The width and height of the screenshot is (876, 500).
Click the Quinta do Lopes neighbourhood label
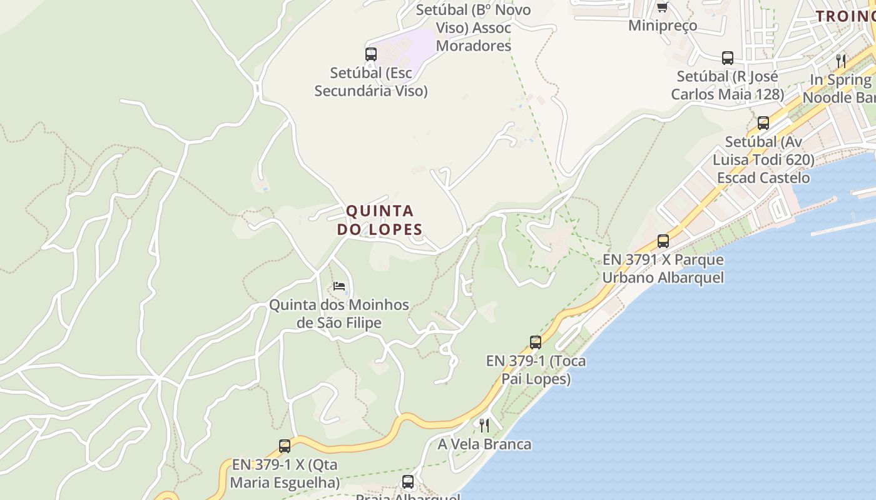380,220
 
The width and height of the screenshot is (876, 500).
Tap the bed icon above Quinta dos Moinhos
339,286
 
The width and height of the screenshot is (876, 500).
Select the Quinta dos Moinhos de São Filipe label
339,314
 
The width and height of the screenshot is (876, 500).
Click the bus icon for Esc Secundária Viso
371,54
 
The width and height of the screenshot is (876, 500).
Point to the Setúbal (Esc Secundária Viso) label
371,82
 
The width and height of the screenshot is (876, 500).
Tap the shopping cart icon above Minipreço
662,7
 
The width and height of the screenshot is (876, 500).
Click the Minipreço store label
663,26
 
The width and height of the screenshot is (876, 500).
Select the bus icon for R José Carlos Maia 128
728,58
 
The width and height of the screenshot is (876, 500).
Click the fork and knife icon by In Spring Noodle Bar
841,61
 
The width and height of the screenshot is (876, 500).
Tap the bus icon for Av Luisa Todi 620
763,123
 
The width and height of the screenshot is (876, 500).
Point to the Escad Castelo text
763,177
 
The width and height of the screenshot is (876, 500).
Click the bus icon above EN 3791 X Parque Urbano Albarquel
663,241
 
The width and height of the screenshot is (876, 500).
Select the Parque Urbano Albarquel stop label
663,269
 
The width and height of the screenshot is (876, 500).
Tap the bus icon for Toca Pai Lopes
536,342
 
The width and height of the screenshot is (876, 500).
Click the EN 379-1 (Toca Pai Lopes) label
536,370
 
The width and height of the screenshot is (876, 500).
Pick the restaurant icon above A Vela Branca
484,426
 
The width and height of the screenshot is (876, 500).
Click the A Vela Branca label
485,444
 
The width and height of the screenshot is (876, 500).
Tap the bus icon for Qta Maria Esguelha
285,446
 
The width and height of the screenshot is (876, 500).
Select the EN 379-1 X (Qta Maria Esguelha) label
285,474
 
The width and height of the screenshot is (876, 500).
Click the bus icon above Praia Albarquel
408,482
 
